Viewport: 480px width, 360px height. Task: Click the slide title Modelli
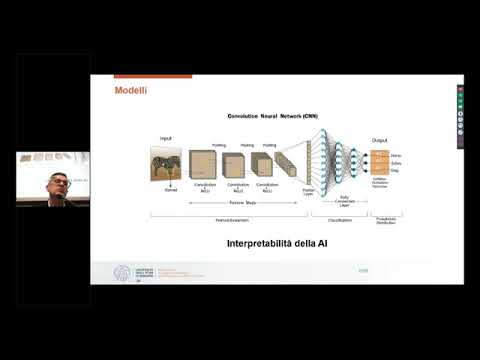130,92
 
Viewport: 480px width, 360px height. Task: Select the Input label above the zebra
166,138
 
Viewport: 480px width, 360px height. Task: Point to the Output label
379,140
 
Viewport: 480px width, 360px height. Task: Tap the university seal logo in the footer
122,273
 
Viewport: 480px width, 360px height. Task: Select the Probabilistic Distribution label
385,219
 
